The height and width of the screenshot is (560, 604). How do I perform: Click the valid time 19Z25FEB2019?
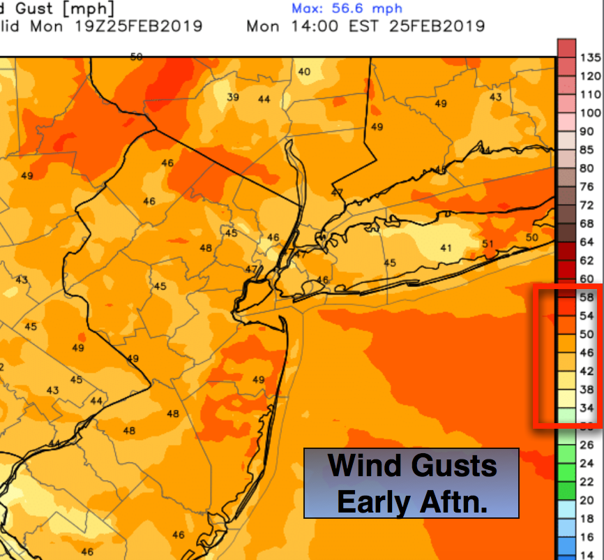tap(139, 27)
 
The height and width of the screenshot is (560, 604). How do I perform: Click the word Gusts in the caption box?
tap(453, 466)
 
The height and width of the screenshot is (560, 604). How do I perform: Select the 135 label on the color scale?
tap(590, 57)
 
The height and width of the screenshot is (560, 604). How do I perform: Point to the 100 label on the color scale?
tap(590, 112)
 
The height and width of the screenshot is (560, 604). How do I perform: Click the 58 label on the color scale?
tap(587, 297)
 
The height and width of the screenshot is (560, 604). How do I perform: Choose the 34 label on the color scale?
tap(587, 408)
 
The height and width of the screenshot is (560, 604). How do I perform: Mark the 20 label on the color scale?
tap(587, 500)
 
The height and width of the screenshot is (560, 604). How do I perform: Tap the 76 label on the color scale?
tap(587, 186)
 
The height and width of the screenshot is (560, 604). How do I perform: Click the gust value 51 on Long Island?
tap(488, 244)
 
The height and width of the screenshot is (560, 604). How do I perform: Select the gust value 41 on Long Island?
tap(446, 248)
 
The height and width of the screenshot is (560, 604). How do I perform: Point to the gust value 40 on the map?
tap(304, 72)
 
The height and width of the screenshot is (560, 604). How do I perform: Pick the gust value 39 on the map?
tap(233, 97)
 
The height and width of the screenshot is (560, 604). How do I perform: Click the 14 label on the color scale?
tap(587, 555)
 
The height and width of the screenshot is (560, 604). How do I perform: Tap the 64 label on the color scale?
tap(587, 242)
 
